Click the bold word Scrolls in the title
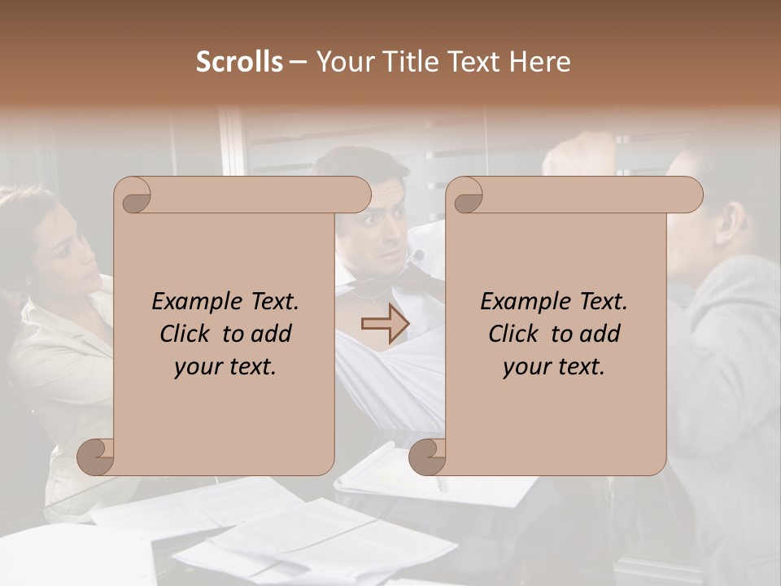point(239,62)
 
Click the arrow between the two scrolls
point(384,325)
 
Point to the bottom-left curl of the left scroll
point(96,457)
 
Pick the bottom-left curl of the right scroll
point(427,457)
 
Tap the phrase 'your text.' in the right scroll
point(553,366)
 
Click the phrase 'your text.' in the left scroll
point(225,366)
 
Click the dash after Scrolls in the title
point(298,63)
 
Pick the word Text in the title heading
point(472,62)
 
